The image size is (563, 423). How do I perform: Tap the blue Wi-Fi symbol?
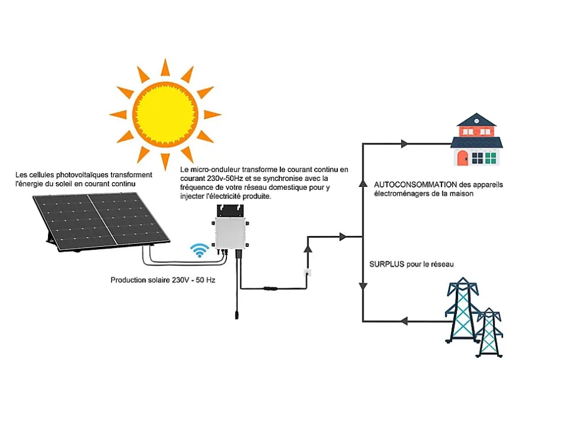[x=199, y=251]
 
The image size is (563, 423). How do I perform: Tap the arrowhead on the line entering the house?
[x=404, y=144]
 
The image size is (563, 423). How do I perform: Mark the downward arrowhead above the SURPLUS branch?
[x=363, y=286]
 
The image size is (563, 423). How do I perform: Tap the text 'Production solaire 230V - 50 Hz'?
[x=163, y=280]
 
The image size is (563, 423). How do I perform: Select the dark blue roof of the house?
[x=477, y=143]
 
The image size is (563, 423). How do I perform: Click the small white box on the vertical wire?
[x=308, y=273]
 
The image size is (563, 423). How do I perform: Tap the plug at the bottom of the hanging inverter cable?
[x=238, y=314]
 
